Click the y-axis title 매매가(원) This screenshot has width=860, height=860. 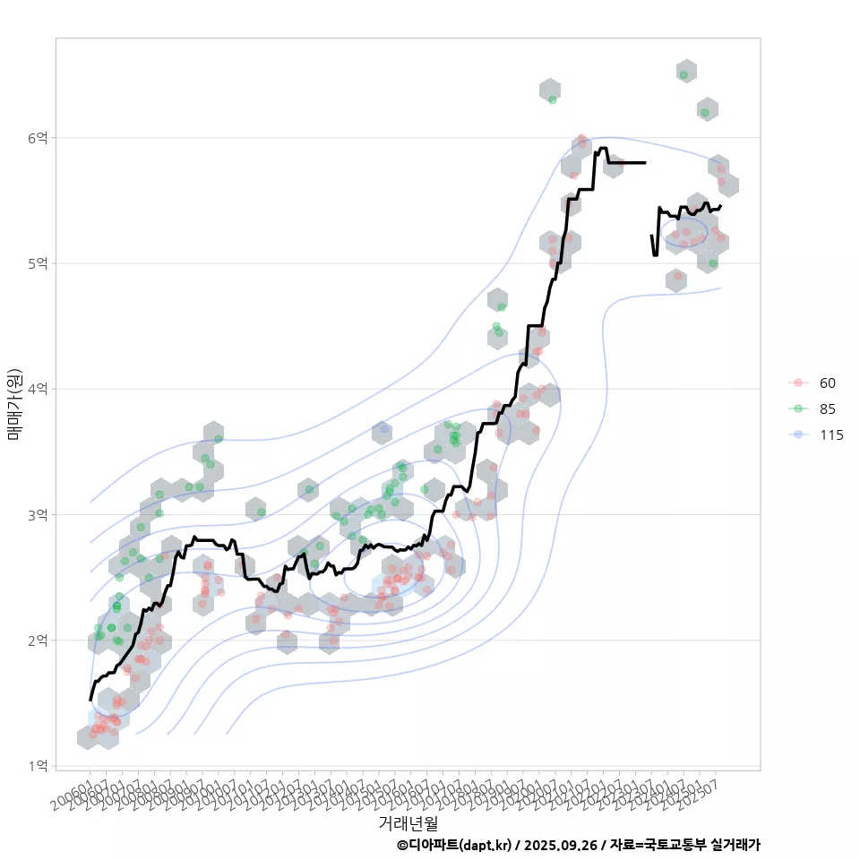14,404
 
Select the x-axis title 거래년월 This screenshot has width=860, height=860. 408,822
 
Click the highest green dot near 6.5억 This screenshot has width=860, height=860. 684,75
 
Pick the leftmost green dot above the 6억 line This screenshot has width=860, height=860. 552,99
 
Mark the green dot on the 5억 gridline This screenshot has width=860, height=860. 712,263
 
